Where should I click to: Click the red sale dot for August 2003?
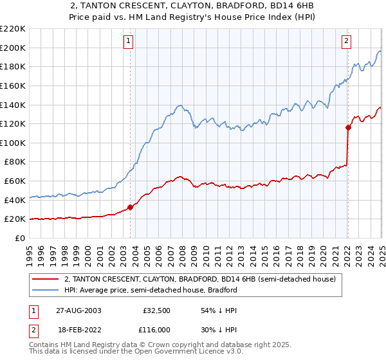pyautogui.click(x=131, y=207)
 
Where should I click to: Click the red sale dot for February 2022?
pyautogui.click(x=347, y=127)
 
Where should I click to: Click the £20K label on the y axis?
pyautogui.click(x=15, y=219)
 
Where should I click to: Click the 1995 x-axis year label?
pyautogui.click(x=30, y=251)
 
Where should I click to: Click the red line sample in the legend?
pyautogui.click(x=46, y=280)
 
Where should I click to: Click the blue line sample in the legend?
pyautogui.click(x=46, y=290)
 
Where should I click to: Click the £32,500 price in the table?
pyautogui.click(x=156, y=310)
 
